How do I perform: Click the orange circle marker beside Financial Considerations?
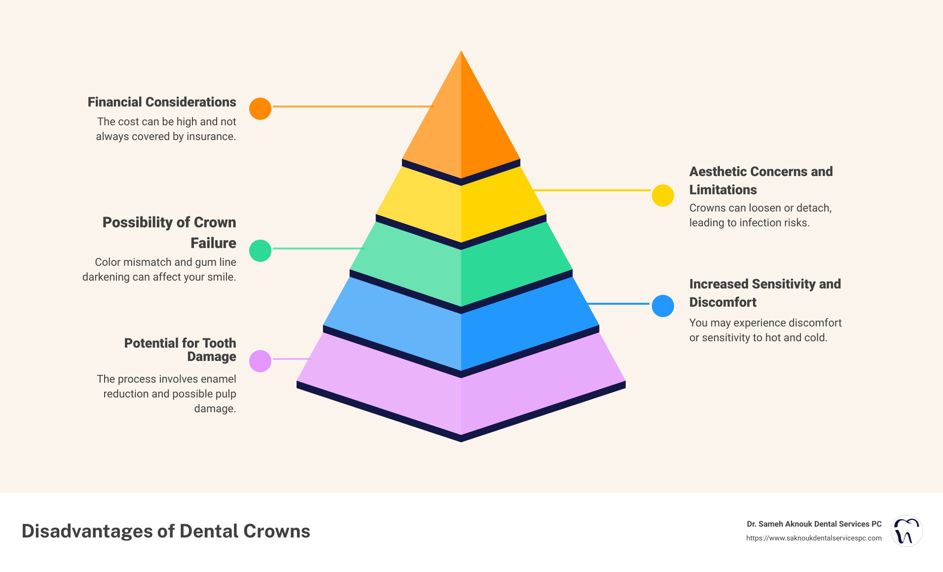[x=260, y=108]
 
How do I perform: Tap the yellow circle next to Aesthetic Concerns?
[x=663, y=196]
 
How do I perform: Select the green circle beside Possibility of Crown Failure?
[x=260, y=250]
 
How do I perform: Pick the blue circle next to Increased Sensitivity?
[x=663, y=306]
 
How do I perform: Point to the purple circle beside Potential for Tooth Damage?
[x=260, y=361]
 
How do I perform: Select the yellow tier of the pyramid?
[x=461, y=207]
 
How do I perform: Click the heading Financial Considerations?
[x=162, y=102]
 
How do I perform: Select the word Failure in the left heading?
[x=213, y=243]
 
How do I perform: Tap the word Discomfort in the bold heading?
[x=722, y=302]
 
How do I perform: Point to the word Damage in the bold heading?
[x=211, y=357]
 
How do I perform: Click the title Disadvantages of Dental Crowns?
[x=166, y=531]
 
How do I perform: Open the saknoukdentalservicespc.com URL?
[x=814, y=538]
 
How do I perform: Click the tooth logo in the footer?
[x=906, y=531]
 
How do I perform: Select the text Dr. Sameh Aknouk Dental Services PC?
[x=814, y=524]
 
